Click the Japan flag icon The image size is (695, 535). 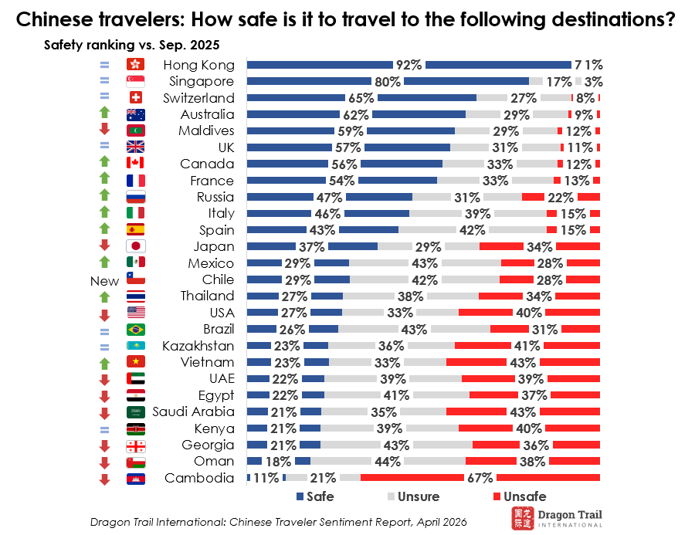[136, 247]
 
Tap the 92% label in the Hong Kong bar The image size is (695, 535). [408, 65]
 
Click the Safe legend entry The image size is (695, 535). [315, 496]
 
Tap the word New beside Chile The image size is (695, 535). [105, 281]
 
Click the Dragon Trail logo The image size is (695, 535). [556, 517]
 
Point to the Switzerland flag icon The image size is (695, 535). [136, 98]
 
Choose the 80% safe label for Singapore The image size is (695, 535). [388, 81]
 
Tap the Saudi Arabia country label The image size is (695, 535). [193, 411]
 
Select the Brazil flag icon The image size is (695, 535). [136, 330]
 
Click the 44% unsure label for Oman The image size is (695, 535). [387, 462]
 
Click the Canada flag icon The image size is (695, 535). [136, 164]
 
